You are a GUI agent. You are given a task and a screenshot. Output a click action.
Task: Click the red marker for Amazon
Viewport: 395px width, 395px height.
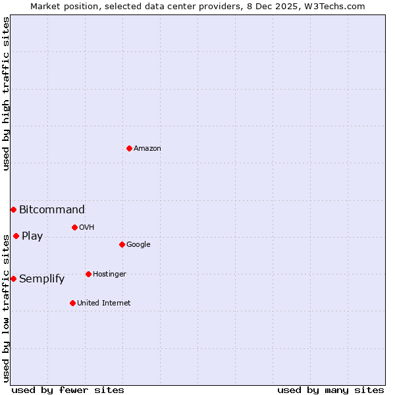pyautogui.click(x=129, y=148)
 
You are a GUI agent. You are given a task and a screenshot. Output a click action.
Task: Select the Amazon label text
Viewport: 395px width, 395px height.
pyautogui.click(x=147, y=149)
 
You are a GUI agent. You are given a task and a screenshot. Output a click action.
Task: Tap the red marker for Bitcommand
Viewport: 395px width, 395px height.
pyautogui.click(x=13, y=209)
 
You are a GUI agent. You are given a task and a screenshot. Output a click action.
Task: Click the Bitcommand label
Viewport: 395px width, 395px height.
pyautogui.click(x=52, y=210)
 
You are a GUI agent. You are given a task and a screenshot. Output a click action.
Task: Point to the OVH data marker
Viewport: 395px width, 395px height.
pyautogui.click(x=74, y=227)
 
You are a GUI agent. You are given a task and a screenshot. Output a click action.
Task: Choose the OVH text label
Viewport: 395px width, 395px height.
pyautogui.click(x=87, y=228)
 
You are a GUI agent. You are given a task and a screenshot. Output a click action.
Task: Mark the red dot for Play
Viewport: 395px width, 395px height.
pyautogui.click(x=16, y=236)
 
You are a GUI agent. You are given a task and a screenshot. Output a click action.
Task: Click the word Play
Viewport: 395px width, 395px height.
pyautogui.click(x=32, y=236)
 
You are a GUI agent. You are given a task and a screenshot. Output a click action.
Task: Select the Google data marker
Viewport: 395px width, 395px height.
pyautogui.click(x=122, y=244)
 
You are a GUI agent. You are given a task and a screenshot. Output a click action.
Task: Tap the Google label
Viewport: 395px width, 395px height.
pyautogui.click(x=138, y=245)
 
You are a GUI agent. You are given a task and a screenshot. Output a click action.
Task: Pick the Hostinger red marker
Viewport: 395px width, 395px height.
pyautogui.click(x=88, y=274)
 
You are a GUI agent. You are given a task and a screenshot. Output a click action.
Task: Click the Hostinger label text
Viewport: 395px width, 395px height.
pyautogui.click(x=109, y=275)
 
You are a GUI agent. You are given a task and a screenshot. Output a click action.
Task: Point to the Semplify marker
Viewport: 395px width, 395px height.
pyautogui.click(x=13, y=278)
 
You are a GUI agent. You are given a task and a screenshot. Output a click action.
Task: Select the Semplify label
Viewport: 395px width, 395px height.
pyautogui.click(x=42, y=279)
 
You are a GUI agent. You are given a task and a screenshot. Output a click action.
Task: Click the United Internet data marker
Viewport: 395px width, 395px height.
pyautogui.click(x=72, y=303)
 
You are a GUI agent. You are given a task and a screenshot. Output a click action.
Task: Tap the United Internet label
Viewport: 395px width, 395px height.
pyautogui.click(x=104, y=303)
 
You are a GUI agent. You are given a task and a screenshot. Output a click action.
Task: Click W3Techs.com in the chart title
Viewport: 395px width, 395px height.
pyautogui.click(x=339, y=6)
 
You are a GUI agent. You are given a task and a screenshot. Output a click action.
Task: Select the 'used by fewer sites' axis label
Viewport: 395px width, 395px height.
pyautogui.click(x=68, y=390)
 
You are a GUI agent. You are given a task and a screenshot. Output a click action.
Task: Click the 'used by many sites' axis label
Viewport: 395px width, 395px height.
pyautogui.click(x=330, y=390)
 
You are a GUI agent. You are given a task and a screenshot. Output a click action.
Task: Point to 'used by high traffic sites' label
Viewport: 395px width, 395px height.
pyautogui.click(x=6, y=93)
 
